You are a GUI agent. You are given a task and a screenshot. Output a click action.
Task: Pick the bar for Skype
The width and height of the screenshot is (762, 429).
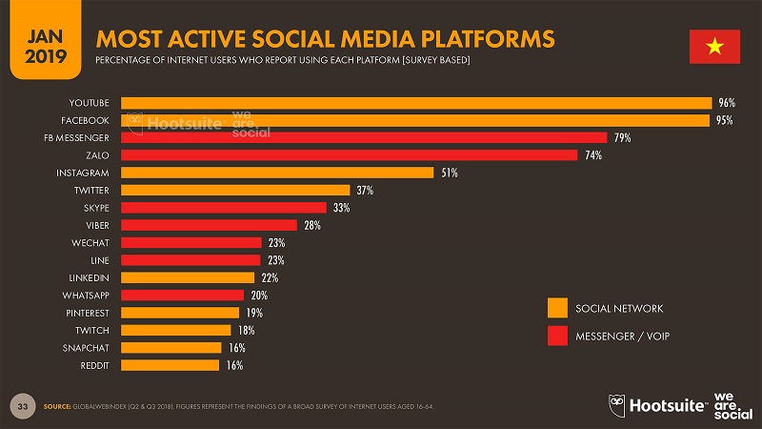coord(223,208)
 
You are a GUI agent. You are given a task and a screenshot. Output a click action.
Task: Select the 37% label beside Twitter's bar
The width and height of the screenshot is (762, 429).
coord(365,191)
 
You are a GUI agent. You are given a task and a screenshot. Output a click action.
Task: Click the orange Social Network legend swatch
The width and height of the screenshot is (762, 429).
coord(557,308)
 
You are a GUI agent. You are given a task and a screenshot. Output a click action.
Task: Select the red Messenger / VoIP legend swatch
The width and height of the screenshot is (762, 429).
coord(557,336)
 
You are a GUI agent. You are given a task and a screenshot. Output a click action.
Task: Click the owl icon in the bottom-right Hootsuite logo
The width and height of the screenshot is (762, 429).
coord(616,404)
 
